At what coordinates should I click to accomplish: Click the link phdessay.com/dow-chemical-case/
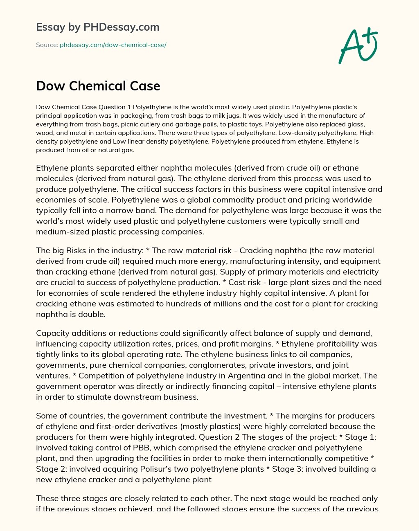click(113, 45)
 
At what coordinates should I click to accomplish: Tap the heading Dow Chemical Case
click(98, 86)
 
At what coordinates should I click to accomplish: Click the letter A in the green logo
click(350, 48)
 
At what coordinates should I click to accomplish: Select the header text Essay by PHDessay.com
click(98, 27)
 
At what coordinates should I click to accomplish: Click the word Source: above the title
click(47, 45)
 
